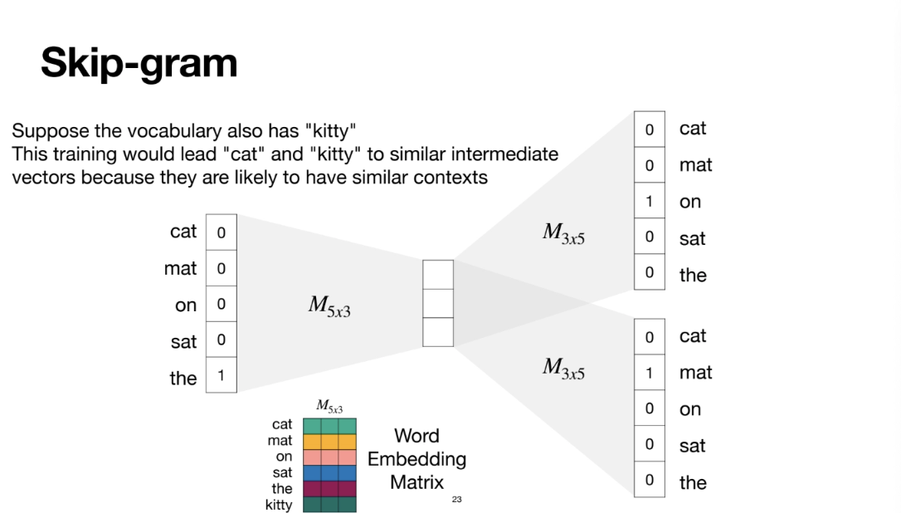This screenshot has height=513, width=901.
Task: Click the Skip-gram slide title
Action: (x=139, y=63)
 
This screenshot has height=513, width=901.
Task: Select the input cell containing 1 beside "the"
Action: (x=221, y=376)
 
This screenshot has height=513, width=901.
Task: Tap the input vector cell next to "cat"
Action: (x=221, y=232)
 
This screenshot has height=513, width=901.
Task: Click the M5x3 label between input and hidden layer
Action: (x=329, y=305)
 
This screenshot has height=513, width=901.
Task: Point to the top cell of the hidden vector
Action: (x=438, y=275)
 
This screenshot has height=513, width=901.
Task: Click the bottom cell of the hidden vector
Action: (x=438, y=332)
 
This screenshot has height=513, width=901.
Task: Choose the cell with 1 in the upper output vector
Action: (x=650, y=201)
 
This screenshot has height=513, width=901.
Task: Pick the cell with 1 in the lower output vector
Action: (x=650, y=373)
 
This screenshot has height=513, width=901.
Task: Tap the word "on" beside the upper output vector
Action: (x=690, y=202)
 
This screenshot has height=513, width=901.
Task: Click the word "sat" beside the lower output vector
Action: (x=692, y=446)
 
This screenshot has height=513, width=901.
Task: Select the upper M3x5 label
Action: (x=563, y=234)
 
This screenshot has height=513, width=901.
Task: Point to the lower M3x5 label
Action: (x=563, y=368)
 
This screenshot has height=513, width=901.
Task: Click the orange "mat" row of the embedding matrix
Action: (x=329, y=442)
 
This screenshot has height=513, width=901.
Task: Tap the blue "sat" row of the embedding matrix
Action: (x=329, y=473)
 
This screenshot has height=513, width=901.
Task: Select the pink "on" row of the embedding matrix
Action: (x=329, y=457)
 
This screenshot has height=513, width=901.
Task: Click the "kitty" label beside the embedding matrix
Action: (x=279, y=505)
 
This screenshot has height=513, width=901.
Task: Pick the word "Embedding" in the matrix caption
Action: (x=416, y=459)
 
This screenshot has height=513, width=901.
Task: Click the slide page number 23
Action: (x=457, y=500)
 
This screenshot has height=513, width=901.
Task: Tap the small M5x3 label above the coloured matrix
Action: (x=329, y=407)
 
